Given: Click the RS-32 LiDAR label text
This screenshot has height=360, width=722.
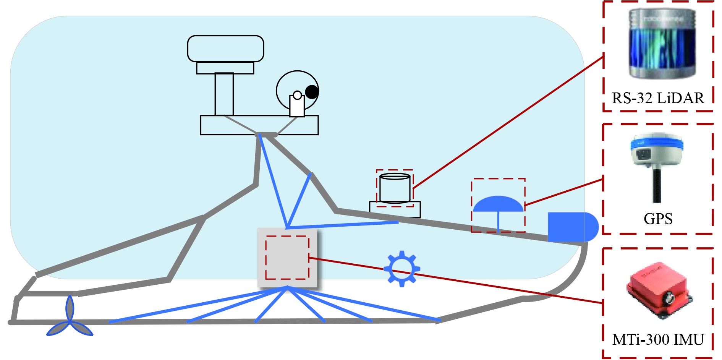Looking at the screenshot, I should click(x=658, y=98).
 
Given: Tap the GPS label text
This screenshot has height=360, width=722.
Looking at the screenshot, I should click(x=658, y=219).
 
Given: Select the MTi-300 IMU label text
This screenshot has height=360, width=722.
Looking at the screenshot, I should click(x=658, y=340).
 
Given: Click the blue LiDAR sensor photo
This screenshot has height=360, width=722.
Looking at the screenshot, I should click(x=662, y=44).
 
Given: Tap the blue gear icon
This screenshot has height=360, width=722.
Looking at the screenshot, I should click(x=401, y=269).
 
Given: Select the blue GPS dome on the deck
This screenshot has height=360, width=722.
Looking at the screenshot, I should click(x=498, y=204).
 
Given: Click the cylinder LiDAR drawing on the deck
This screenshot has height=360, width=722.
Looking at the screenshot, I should click(x=395, y=188).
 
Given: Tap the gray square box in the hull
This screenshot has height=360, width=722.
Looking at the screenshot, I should click(x=287, y=257).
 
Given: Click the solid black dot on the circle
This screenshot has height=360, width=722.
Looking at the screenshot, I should click(x=312, y=92).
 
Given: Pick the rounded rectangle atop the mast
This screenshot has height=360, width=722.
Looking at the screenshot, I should click(x=225, y=49).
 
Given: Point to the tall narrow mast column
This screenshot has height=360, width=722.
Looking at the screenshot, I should click(x=224, y=94).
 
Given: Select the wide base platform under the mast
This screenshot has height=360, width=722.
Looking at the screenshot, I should click(x=259, y=125).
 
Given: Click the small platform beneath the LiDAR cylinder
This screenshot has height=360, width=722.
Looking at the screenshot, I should click(x=395, y=209).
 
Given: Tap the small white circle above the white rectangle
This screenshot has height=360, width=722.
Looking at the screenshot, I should click(x=297, y=95).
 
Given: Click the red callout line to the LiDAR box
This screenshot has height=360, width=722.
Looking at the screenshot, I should click(x=508, y=122).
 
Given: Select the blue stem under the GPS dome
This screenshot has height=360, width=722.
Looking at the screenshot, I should click(x=498, y=222).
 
